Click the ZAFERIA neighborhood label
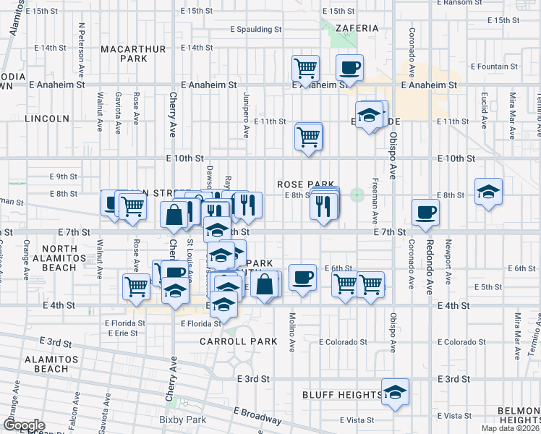pos(357,28)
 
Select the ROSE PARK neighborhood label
pos(304,184)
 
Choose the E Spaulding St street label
pos(255,30)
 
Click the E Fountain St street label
pos(503,67)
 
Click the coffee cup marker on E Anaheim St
pos(349,68)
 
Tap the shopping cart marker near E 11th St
pos(309,136)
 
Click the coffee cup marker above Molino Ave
pos(302,276)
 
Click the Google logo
pos(23,425)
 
